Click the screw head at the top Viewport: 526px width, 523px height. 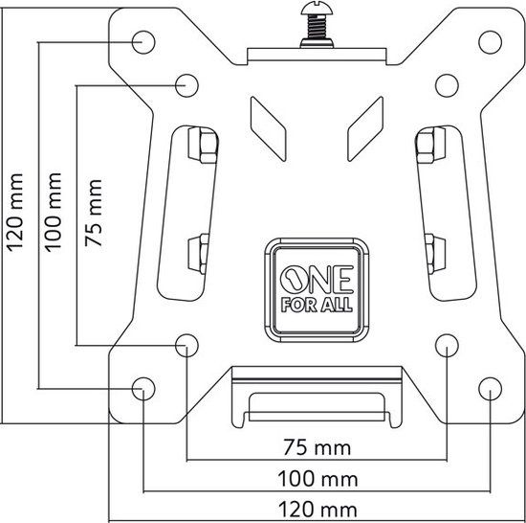[317, 8]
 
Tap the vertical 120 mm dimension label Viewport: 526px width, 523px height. [15, 213]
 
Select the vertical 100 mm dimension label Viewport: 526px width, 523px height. [54, 213]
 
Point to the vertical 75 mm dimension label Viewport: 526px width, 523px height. [94, 213]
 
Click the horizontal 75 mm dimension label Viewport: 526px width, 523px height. [318, 447]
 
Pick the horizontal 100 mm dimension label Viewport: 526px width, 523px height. [318, 479]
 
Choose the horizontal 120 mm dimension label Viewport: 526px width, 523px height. [318, 510]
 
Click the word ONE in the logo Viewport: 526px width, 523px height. [317, 279]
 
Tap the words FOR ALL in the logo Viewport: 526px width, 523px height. [317, 305]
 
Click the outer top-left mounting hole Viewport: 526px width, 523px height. [143, 42]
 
